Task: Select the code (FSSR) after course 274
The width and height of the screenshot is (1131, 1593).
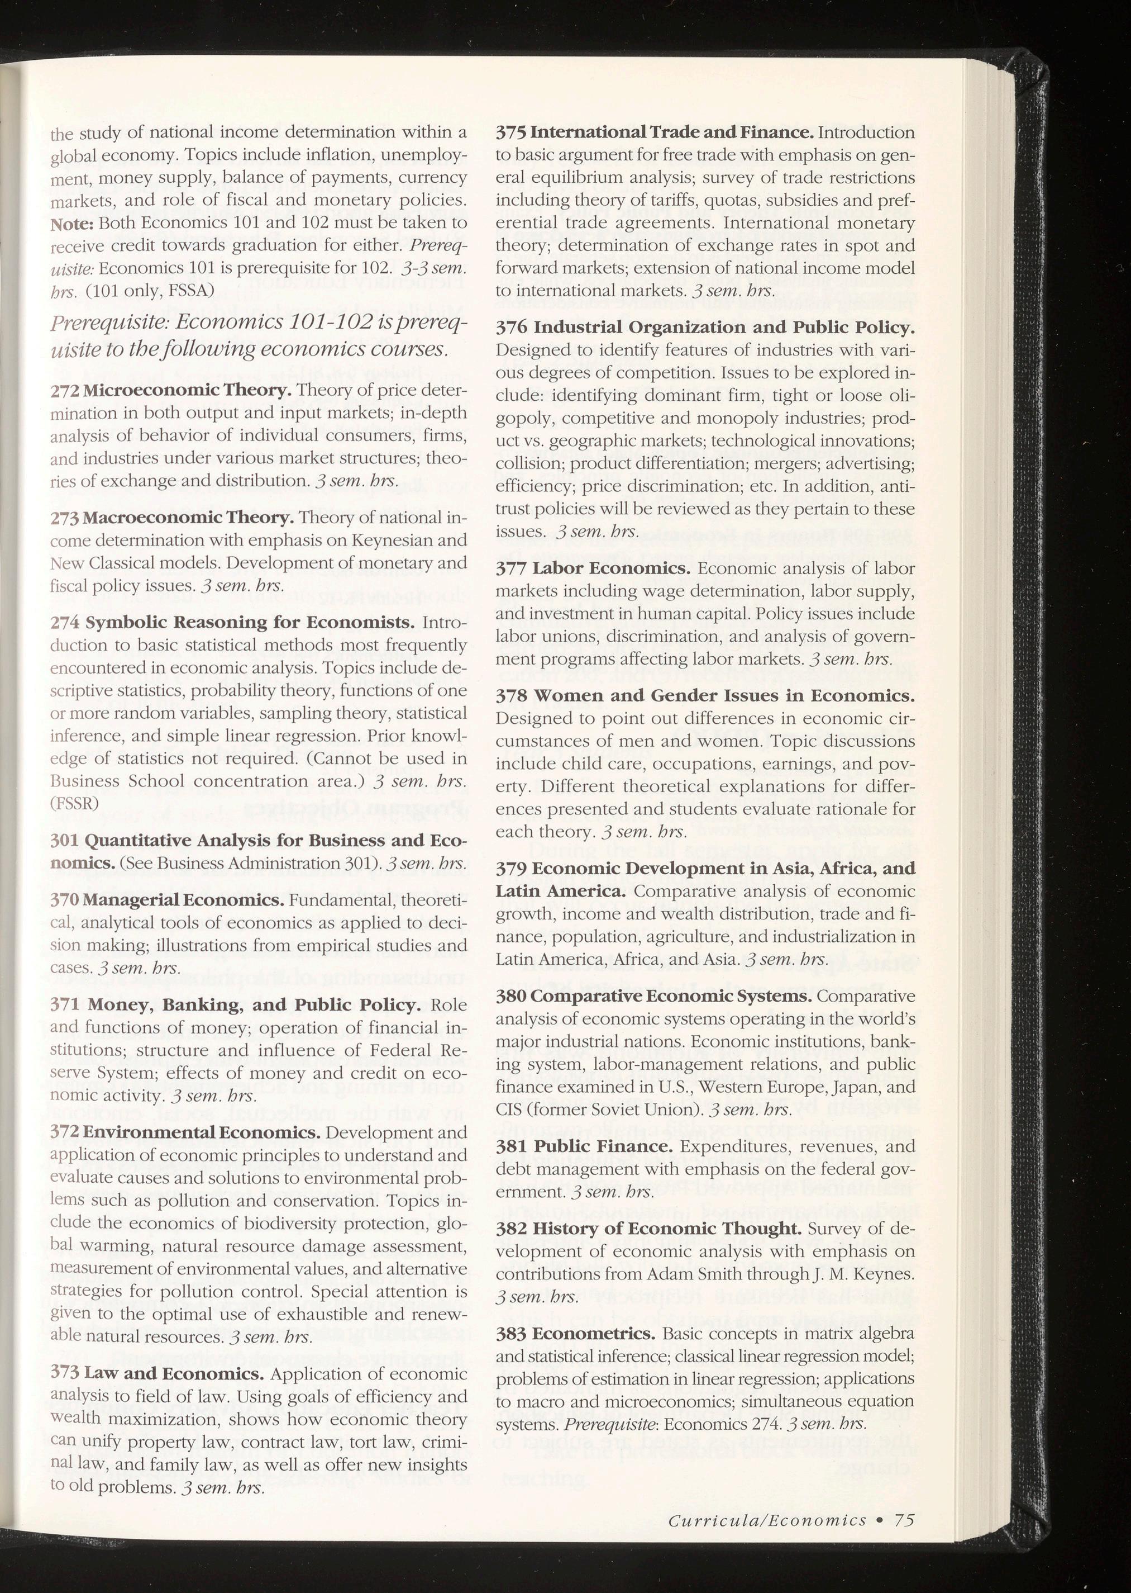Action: (x=74, y=803)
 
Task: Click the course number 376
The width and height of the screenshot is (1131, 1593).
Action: (x=511, y=327)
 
